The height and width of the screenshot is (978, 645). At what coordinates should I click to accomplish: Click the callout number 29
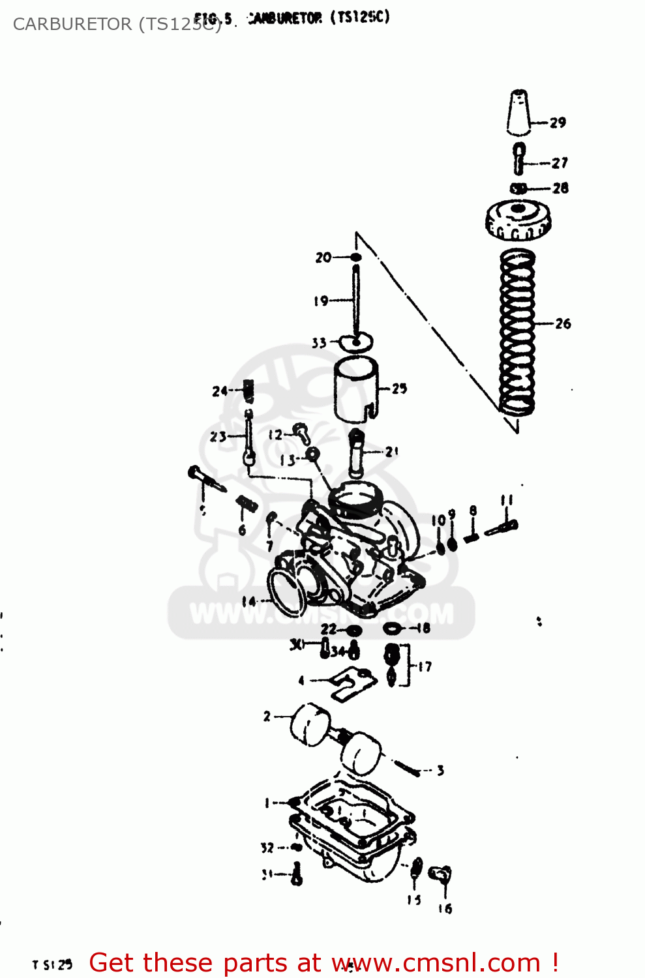coord(558,123)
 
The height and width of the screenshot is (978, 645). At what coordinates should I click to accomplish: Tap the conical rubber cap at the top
coord(518,112)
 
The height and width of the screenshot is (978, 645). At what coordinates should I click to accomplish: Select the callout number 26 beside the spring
coord(563,323)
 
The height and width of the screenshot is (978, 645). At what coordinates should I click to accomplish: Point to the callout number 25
coord(399,389)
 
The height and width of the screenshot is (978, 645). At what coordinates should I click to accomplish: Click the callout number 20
coord(323,258)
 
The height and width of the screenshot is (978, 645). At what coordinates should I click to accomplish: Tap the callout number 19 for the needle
coord(321,301)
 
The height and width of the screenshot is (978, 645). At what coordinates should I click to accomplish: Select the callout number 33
coord(319,343)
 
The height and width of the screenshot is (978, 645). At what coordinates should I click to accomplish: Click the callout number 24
coord(219,391)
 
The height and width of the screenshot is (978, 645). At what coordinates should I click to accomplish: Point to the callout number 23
coord(218,437)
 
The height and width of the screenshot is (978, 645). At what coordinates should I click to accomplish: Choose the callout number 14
coord(248,601)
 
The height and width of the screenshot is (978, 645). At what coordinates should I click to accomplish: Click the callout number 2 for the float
coord(267,717)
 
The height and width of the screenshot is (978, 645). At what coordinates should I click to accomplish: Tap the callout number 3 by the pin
coord(441,771)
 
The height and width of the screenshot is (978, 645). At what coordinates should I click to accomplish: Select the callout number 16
coord(445,909)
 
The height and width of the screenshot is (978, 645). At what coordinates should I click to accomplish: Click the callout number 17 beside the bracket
coord(425,666)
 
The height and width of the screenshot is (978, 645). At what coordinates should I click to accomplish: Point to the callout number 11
coord(507,501)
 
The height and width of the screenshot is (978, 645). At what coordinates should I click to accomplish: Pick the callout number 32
coord(267,848)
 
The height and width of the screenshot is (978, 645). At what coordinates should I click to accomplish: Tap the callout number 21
coord(391,451)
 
